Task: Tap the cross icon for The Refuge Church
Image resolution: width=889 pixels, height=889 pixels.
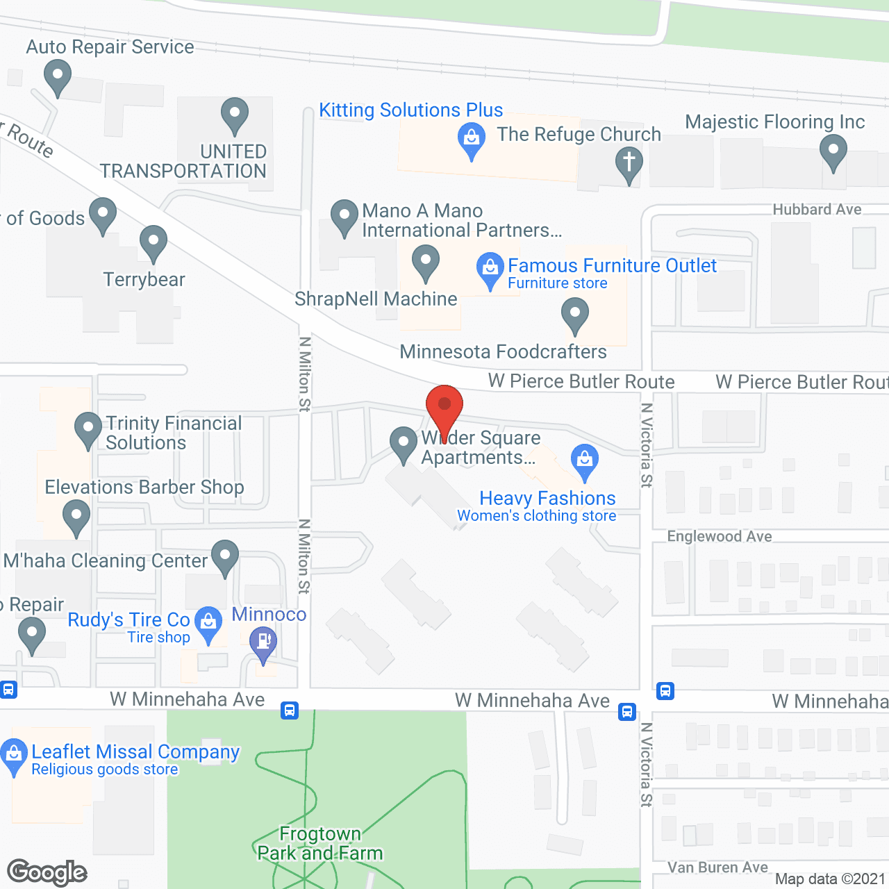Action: pos(629,163)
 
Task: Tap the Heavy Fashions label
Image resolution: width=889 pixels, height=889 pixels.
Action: pos(547,498)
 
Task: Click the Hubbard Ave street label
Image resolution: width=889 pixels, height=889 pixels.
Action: pos(817,210)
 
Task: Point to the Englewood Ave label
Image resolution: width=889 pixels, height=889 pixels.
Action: pos(720,536)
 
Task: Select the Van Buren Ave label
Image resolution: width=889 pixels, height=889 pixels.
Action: pos(717,867)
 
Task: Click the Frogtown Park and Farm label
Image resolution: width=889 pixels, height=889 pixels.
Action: pos(320,843)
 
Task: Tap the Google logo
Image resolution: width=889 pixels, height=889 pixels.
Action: pos(47,872)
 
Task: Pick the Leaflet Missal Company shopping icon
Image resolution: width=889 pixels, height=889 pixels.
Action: pos(14,755)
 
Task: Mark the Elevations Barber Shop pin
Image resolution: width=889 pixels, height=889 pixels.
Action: pos(76,517)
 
